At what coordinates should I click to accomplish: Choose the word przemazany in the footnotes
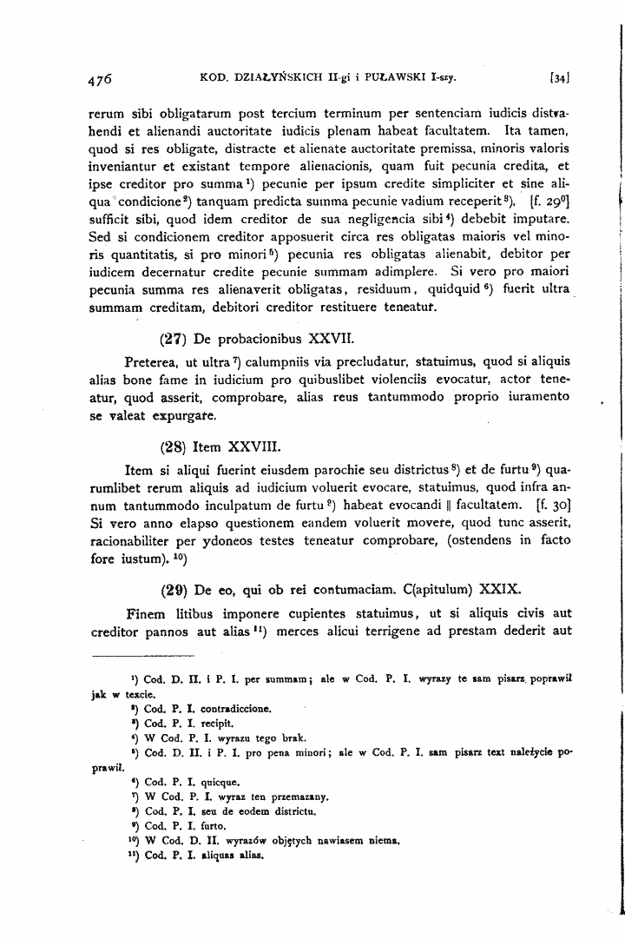click(x=296, y=792)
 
